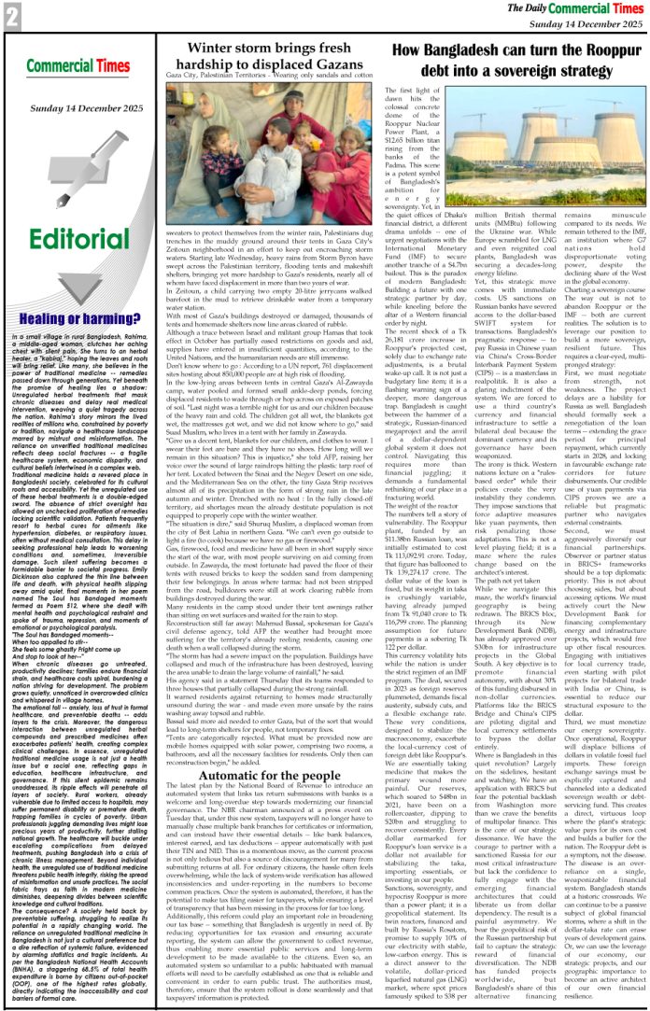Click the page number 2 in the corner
tap(12, 16)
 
